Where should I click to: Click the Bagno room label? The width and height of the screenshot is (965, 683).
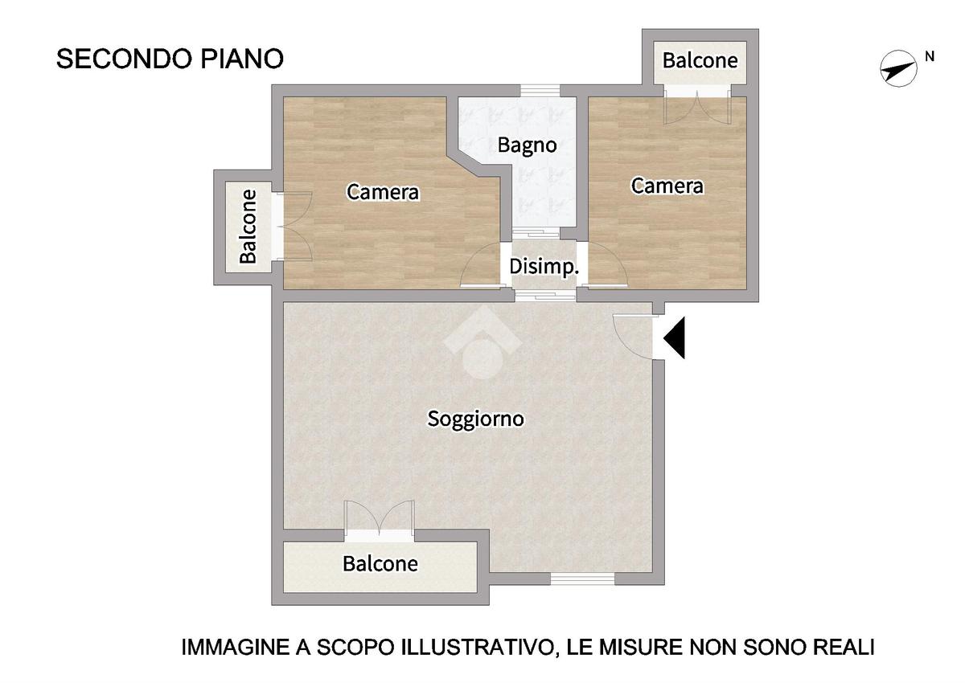point(527,145)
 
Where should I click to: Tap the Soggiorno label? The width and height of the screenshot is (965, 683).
point(475,419)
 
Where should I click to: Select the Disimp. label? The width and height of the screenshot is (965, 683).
point(544,267)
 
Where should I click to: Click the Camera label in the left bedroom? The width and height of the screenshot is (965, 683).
point(383,192)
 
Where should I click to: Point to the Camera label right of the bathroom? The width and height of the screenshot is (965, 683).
point(667,186)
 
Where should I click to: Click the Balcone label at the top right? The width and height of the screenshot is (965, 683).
point(700,60)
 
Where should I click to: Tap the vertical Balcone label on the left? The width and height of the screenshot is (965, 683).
point(248,227)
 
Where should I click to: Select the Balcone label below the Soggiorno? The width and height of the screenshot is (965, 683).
point(380,564)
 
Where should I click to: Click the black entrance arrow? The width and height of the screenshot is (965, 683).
point(674,337)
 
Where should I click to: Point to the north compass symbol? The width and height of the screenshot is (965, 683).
point(899,68)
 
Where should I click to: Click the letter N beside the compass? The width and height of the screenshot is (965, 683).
point(930,56)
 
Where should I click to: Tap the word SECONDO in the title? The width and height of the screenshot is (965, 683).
point(125,59)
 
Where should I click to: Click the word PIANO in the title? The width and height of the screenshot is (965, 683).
point(243,59)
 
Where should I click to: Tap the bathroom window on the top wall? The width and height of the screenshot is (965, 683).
point(540,90)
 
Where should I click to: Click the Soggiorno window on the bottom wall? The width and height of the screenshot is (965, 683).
point(582,579)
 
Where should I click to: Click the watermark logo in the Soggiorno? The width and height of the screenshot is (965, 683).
point(482,342)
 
